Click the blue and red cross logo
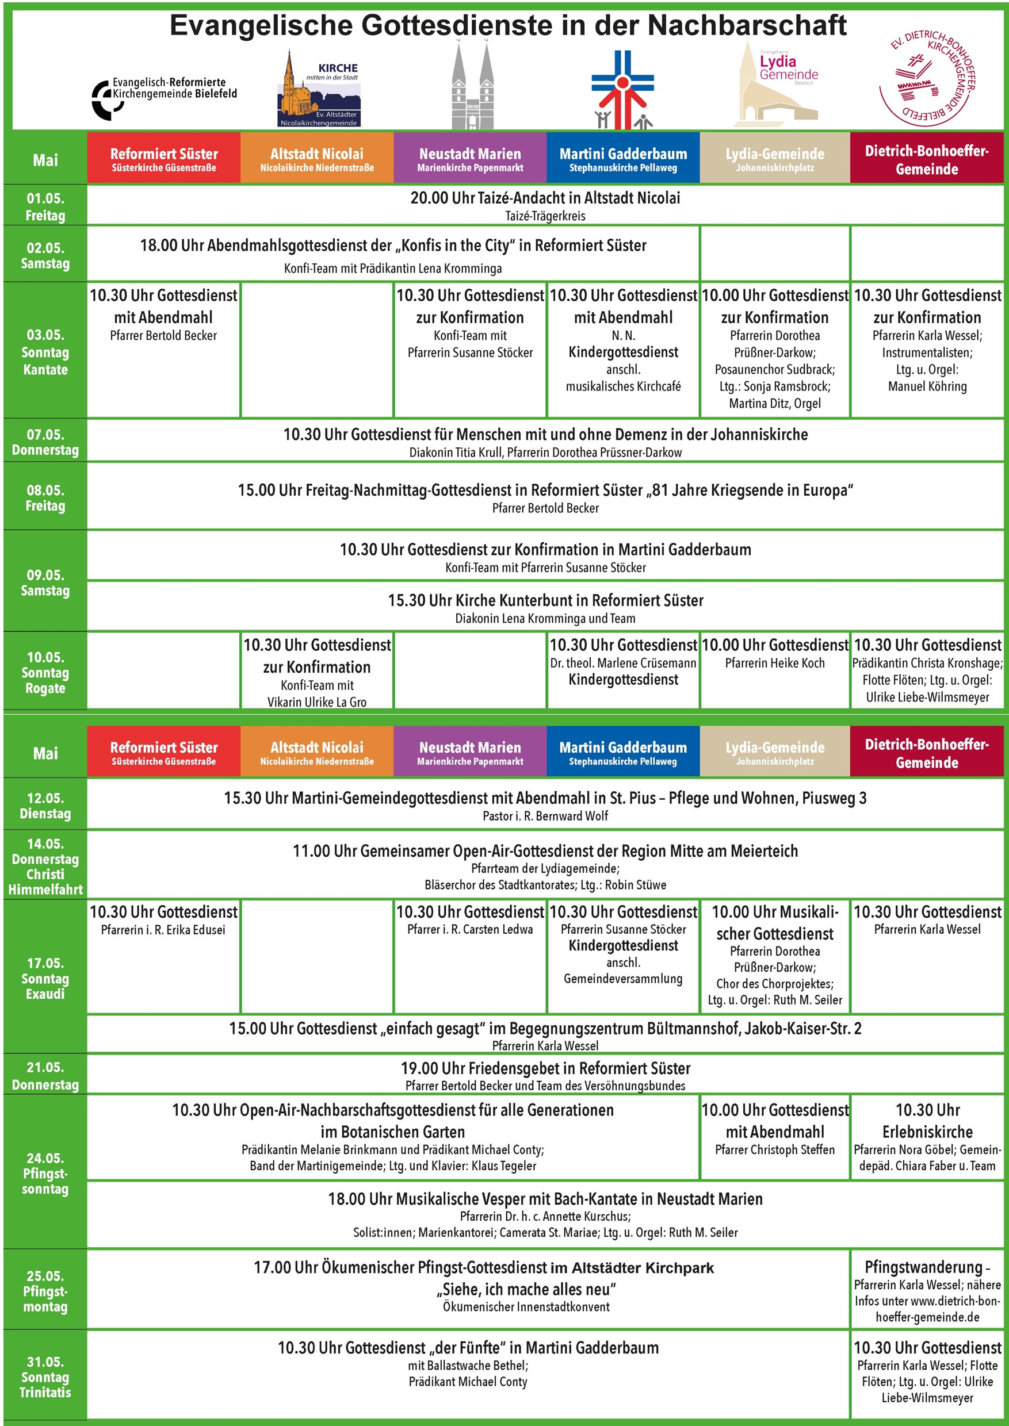tap(622, 90)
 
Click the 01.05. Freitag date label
tap(45, 206)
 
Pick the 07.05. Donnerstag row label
tap(45, 442)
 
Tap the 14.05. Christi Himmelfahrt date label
tap(45, 866)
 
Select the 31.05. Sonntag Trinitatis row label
tap(45, 1377)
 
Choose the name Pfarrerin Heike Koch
tap(775, 663)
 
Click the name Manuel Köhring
tap(927, 386)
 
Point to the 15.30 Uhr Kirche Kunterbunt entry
tap(545, 600)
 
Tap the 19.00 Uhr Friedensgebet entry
tap(545, 1068)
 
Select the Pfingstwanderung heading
tap(927, 1266)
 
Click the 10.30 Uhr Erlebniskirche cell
tap(927, 1121)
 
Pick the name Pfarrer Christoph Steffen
tap(775, 1149)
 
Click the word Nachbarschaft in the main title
tap(747, 25)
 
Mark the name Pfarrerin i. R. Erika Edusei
tap(163, 930)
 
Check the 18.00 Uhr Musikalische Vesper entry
tap(545, 1199)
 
